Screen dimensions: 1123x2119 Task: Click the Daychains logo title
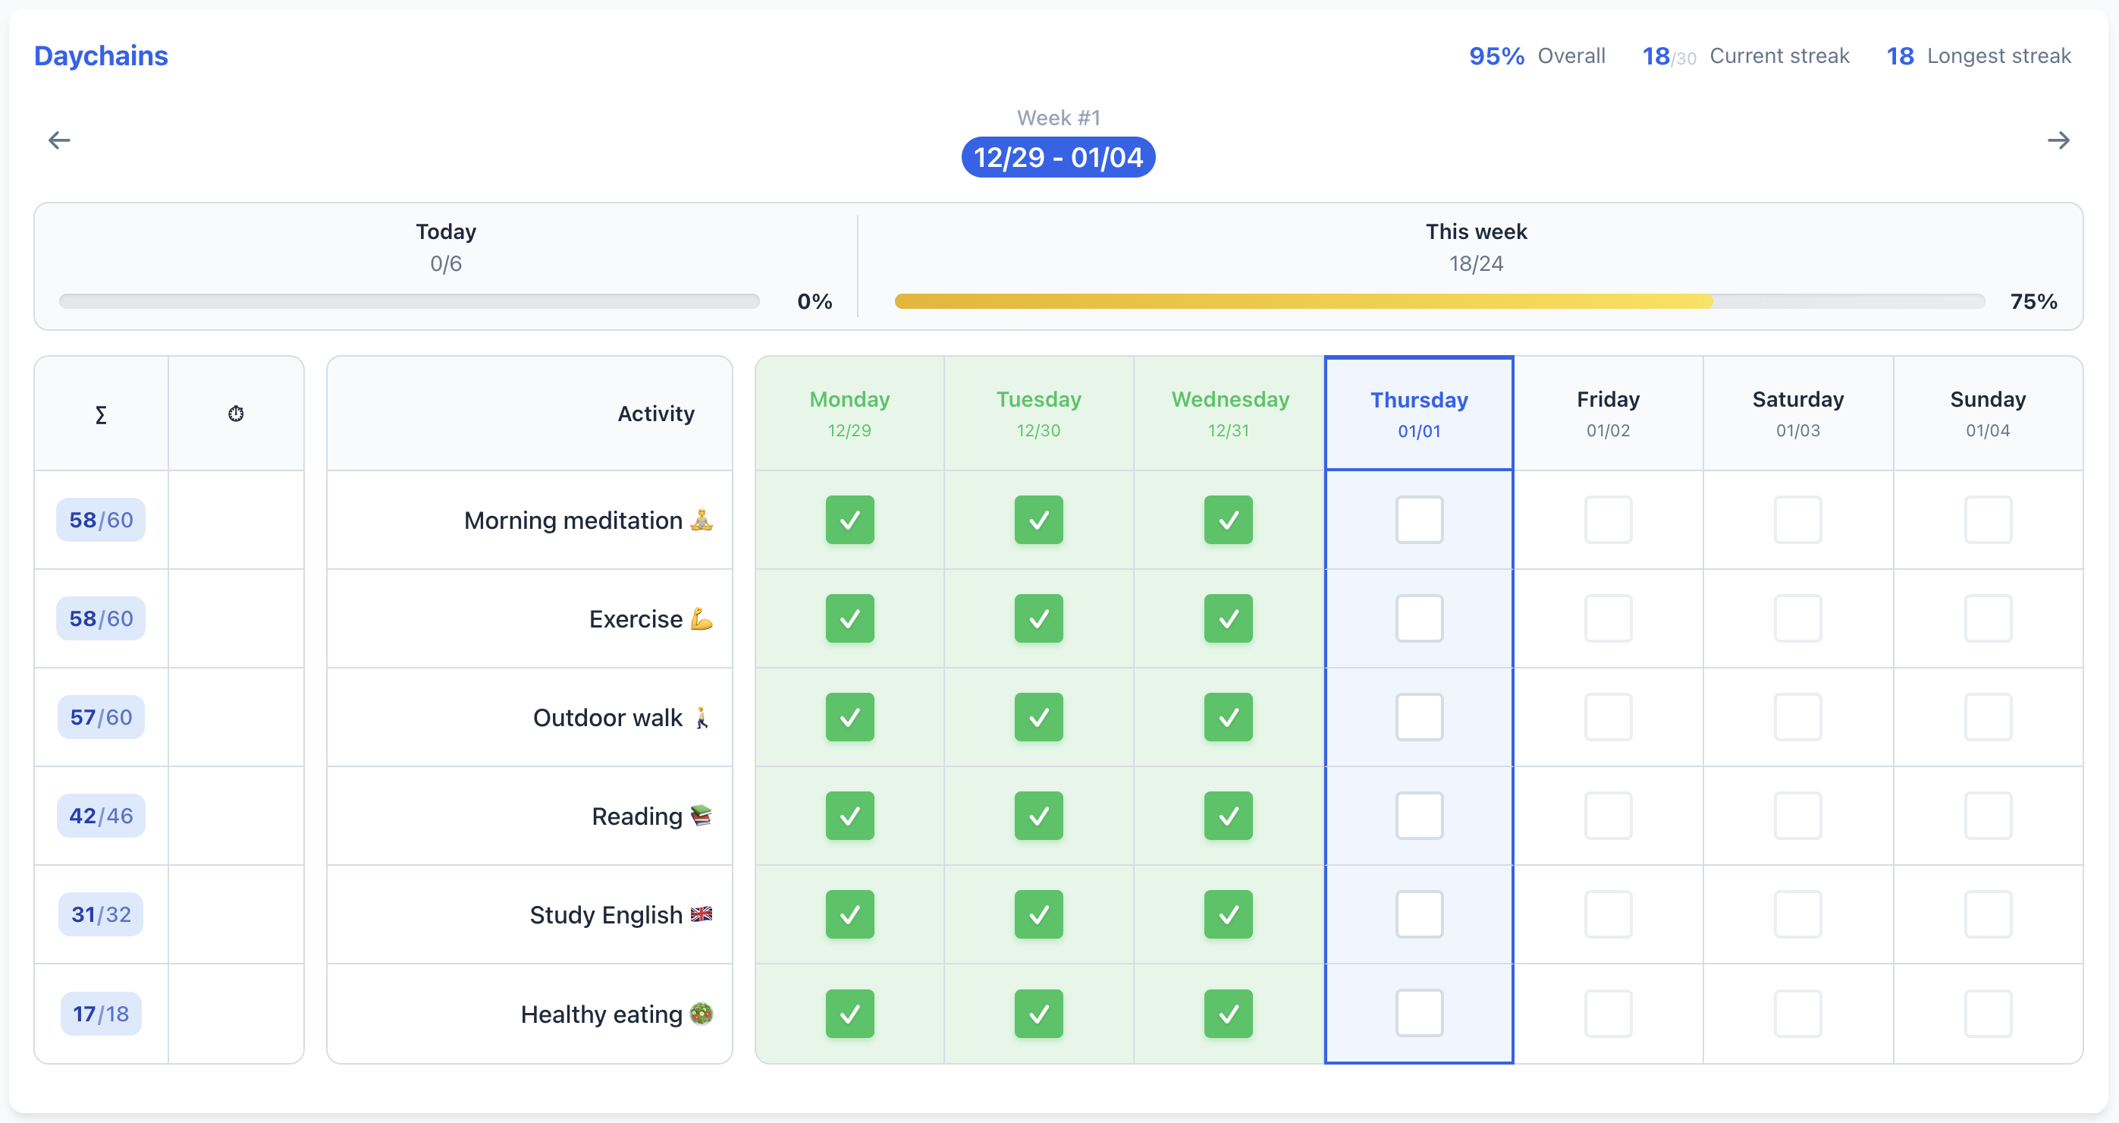pyautogui.click(x=100, y=56)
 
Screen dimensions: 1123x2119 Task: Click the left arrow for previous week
pyautogui.click(x=59, y=140)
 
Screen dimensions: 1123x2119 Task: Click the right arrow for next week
pyautogui.click(x=2058, y=140)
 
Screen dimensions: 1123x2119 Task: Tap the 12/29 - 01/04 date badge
pyautogui.click(x=1058, y=157)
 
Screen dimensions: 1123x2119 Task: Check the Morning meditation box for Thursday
pyautogui.click(x=1419, y=520)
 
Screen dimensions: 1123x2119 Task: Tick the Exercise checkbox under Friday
pyautogui.click(x=1608, y=618)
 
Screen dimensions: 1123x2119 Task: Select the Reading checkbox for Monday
pyautogui.click(x=849, y=816)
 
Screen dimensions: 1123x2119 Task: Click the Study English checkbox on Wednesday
pyautogui.click(x=1228, y=915)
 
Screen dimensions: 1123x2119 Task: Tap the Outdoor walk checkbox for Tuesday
pyautogui.click(x=1039, y=717)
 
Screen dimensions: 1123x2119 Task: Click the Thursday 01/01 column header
pyautogui.click(x=1419, y=414)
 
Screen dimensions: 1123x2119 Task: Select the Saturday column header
pyautogui.click(x=1798, y=414)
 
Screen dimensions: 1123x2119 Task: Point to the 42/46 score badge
pyautogui.click(x=101, y=816)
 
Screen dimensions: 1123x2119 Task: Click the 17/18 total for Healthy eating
pyautogui.click(x=101, y=1014)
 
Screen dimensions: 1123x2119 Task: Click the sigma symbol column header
pyautogui.click(x=101, y=414)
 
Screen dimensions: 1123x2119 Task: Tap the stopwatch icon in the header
pyautogui.click(x=236, y=414)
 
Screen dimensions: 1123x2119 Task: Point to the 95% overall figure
pyautogui.click(x=1496, y=56)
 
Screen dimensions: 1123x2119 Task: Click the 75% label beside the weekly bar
pyautogui.click(x=2033, y=301)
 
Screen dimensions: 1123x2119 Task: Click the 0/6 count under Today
pyautogui.click(x=446, y=264)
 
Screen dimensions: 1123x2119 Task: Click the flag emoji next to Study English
pyautogui.click(x=702, y=914)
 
